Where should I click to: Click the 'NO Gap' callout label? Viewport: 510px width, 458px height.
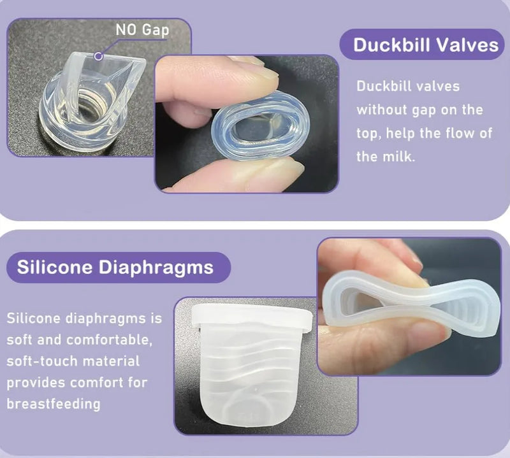142,30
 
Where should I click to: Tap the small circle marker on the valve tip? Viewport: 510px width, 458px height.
98,56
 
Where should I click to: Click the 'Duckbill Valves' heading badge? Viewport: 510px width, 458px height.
422,45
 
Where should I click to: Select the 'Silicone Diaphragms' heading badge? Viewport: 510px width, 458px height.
119,267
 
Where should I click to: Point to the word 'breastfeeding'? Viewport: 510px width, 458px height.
54,404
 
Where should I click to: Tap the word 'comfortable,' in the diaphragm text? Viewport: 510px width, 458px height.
109,340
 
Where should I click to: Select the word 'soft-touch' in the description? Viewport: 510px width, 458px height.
41,361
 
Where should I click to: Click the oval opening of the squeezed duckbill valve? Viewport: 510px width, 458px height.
259,127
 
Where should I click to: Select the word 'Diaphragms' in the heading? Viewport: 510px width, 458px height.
156,268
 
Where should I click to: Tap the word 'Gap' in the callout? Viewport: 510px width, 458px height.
156,30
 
